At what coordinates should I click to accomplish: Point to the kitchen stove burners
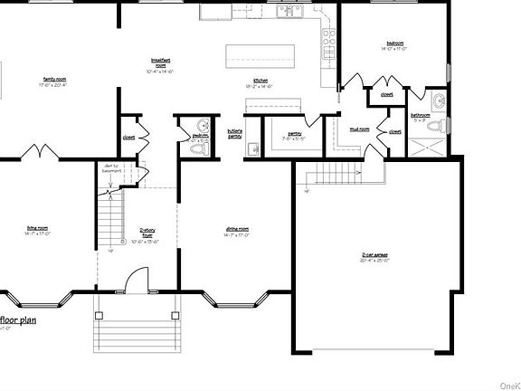[328, 38]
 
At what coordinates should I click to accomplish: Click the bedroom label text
[395, 44]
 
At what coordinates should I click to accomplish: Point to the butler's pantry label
[234, 133]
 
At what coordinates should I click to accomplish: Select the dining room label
[237, 231]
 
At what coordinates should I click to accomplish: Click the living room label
[37, 231]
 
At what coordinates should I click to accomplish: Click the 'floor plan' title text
[20, 319]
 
